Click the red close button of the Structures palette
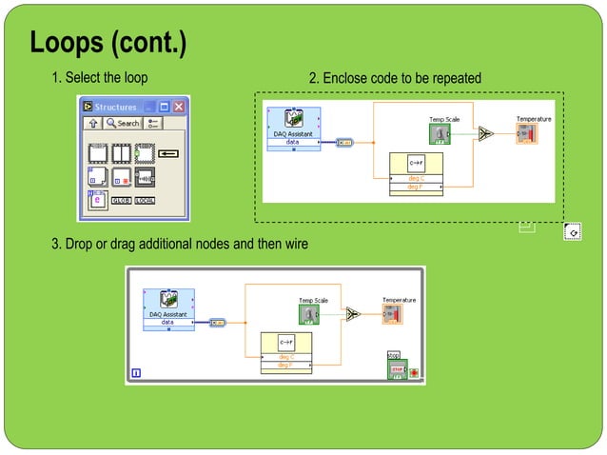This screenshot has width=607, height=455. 178,108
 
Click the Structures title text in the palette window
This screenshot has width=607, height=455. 115,108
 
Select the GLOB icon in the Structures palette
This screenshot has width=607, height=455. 122,200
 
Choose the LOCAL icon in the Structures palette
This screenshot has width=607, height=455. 145,200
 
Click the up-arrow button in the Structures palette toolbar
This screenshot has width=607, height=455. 93,123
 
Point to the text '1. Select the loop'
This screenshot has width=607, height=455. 99,77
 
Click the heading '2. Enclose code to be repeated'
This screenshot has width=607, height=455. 395,77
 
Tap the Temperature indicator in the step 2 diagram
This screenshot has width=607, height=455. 527,134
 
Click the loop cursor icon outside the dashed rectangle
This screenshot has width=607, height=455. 572,231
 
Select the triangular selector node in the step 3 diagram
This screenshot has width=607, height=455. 354,314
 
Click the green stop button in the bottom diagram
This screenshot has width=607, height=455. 397,369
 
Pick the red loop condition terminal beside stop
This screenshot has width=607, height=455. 414,371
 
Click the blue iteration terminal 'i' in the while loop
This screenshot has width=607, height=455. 135,373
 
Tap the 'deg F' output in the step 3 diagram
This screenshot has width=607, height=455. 285,365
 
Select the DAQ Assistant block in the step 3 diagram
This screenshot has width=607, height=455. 168,307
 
